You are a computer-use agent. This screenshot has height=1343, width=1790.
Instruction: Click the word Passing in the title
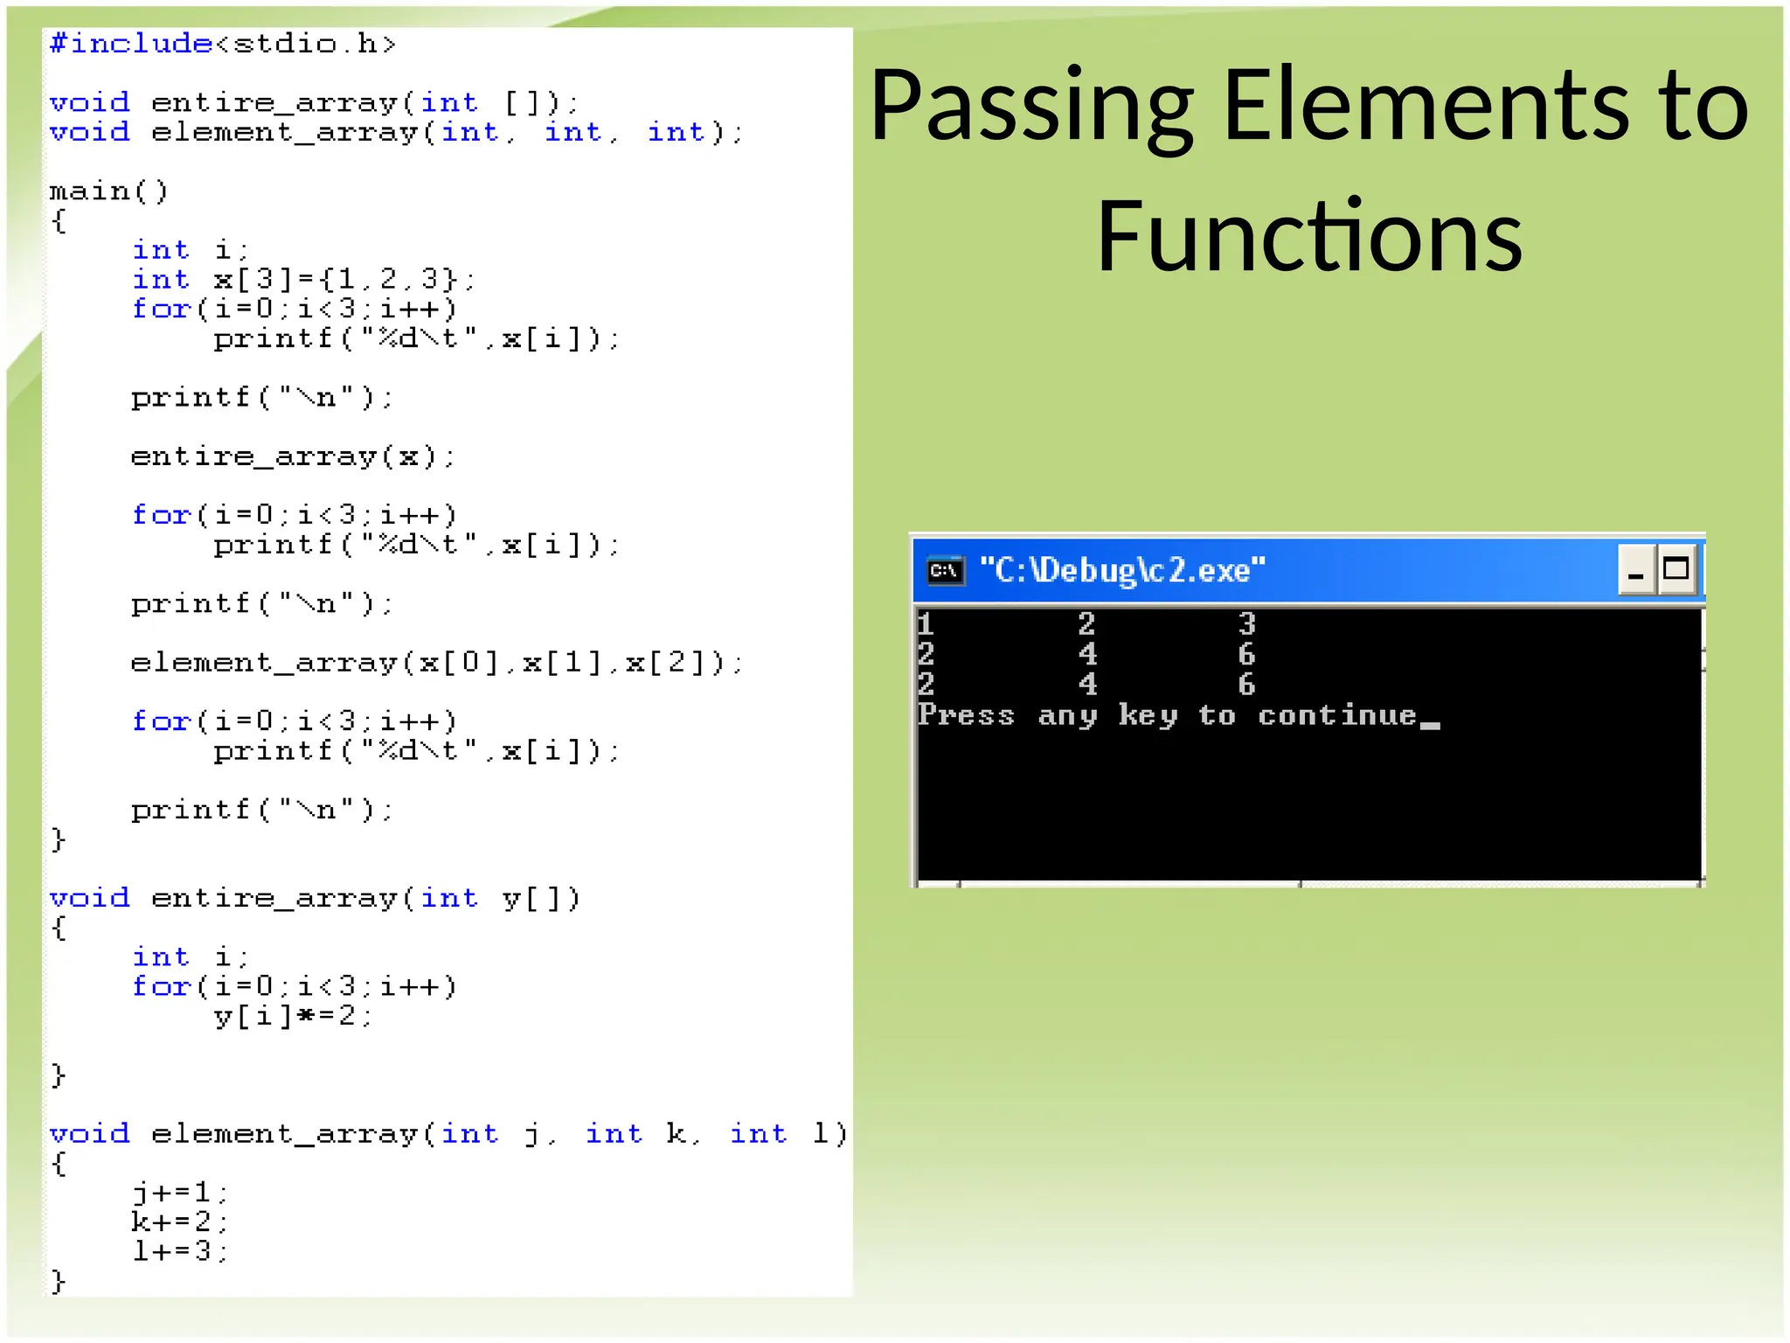coord(1031,107)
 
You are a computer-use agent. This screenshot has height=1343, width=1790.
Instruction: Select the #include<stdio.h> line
coord(223,44)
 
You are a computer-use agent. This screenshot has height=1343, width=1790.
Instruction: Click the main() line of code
coord(108,191)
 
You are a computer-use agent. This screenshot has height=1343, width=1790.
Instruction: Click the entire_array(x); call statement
coord(293,456)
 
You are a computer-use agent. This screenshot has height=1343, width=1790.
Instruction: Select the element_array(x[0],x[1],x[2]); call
coord(435,663)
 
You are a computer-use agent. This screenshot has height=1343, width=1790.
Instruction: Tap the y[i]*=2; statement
coord(293,1016)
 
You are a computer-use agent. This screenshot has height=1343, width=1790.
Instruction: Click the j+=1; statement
coord(180,1193)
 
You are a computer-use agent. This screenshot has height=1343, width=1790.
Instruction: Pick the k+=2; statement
coord(180,1221)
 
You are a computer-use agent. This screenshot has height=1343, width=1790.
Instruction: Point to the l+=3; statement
coord(180,1251)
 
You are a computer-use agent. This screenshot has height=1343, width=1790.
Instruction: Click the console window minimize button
coord(1636,571)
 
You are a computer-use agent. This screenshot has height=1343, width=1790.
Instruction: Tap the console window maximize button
coord(1676,570)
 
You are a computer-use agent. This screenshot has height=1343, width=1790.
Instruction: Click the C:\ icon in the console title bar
coord(945,571)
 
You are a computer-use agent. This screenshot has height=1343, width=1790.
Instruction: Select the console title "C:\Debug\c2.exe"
coord(1122,571)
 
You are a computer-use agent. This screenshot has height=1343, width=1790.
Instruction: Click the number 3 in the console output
coord(1247,624)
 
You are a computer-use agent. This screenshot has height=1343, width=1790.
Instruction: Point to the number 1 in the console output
coord(926,624)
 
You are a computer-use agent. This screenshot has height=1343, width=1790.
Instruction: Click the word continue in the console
coord(1337,715)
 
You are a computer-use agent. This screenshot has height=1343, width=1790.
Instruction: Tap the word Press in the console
coord(966,715)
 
